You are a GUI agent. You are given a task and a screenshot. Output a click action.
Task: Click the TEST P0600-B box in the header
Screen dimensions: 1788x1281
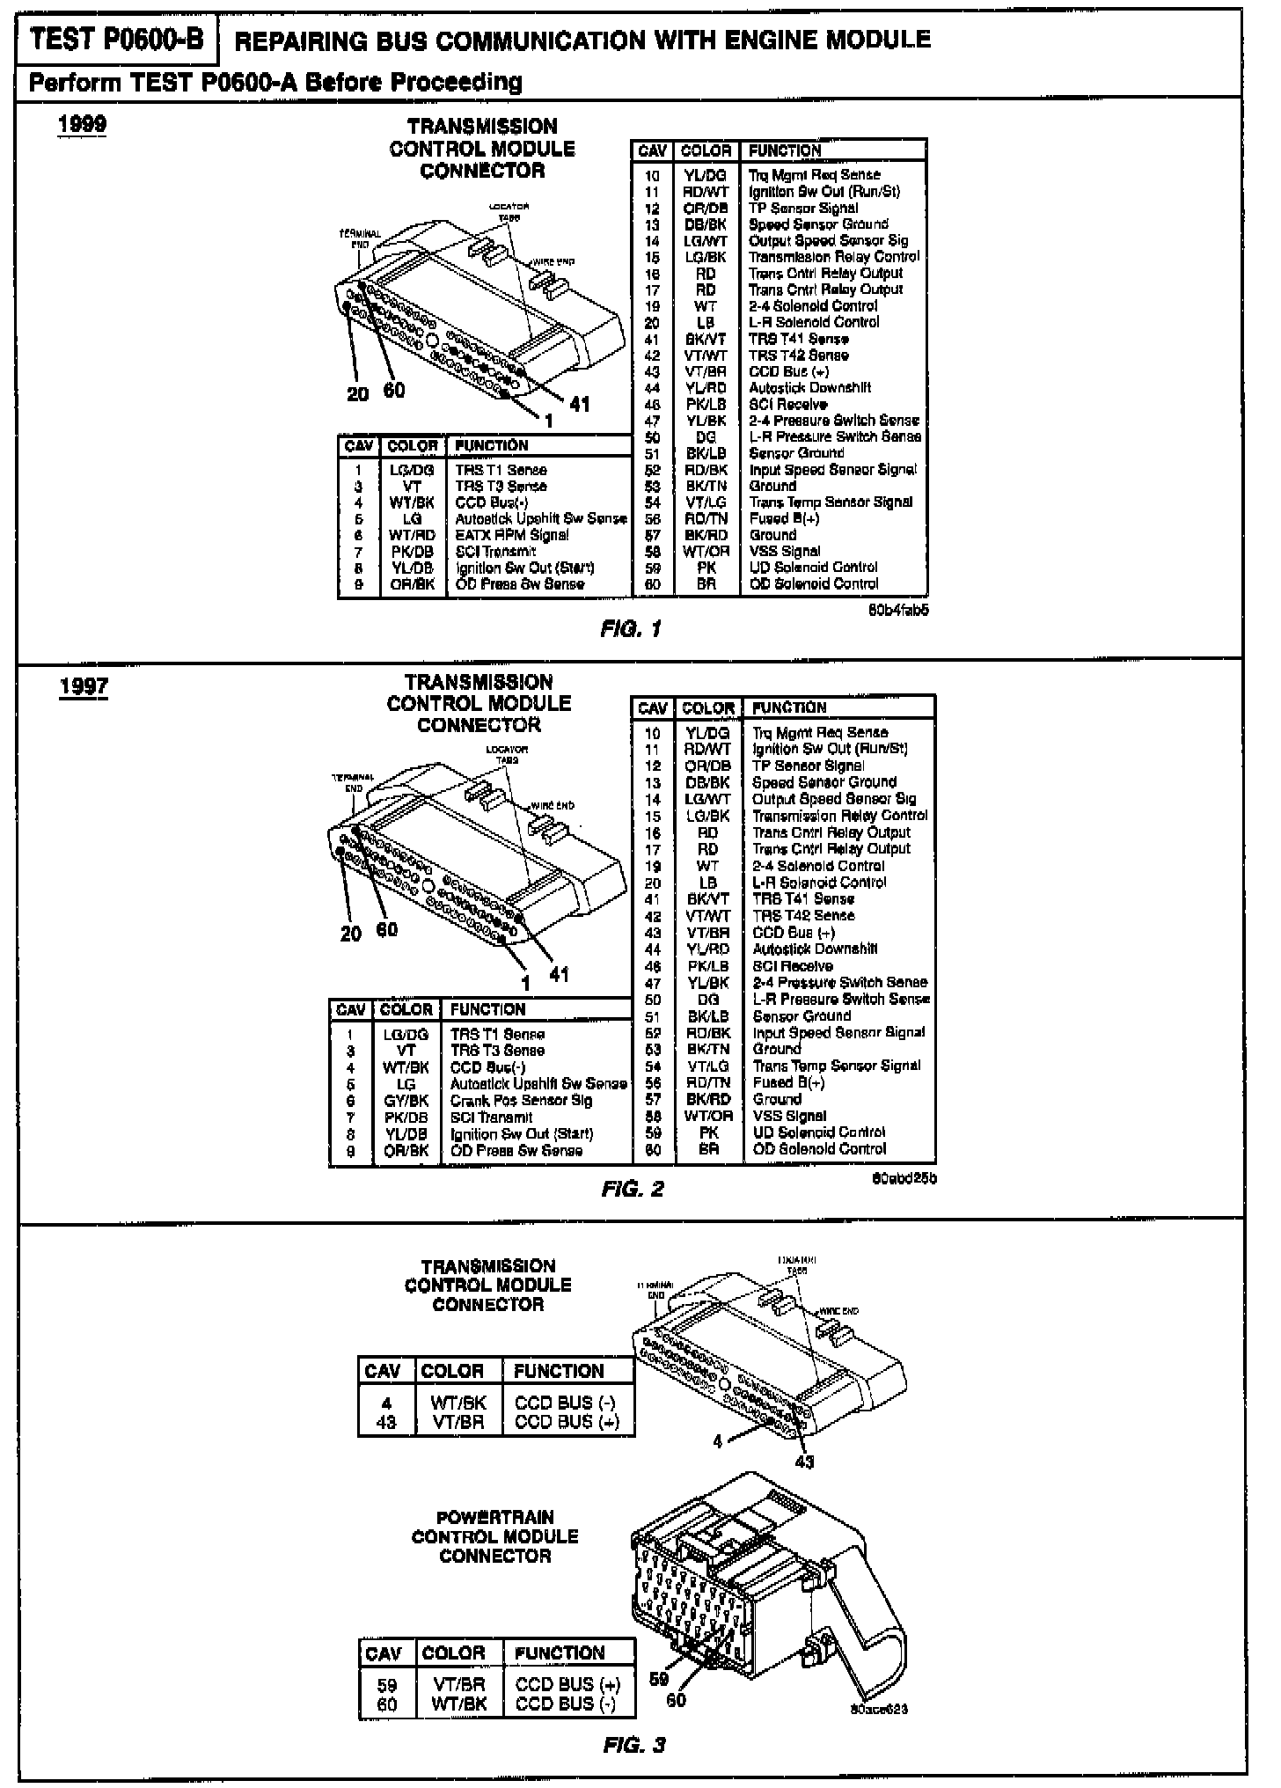click(117, 40)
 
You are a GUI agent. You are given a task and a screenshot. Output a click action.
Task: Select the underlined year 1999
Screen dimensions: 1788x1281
click(83, 124)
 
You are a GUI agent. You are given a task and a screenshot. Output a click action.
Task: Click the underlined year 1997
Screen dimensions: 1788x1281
click(84, 685)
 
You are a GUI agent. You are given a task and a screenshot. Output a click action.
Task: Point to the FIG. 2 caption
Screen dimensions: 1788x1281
click(633, 1190)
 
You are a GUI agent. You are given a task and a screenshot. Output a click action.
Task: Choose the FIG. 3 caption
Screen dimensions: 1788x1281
click(634, 1745)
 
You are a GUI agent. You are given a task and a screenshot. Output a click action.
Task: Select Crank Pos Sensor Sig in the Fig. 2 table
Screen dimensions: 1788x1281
click(521, 1101)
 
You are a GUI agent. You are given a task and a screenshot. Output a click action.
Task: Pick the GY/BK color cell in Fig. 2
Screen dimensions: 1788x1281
click(406, 1101)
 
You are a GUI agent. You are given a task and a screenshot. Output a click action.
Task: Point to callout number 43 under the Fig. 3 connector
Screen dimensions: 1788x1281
click(804, 1462)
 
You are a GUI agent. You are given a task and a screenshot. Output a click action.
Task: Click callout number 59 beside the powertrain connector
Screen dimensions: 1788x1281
click(659, 1678)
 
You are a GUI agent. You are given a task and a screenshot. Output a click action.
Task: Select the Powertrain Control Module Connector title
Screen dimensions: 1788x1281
click(494, 1536)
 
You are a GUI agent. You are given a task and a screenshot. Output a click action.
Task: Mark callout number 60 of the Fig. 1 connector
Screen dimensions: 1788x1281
click(394, 390)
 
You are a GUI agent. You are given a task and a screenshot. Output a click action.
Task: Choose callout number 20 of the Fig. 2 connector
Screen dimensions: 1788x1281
click(351, 934)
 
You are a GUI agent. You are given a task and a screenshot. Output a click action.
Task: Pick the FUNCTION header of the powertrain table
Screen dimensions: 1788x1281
click(560, 1653)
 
